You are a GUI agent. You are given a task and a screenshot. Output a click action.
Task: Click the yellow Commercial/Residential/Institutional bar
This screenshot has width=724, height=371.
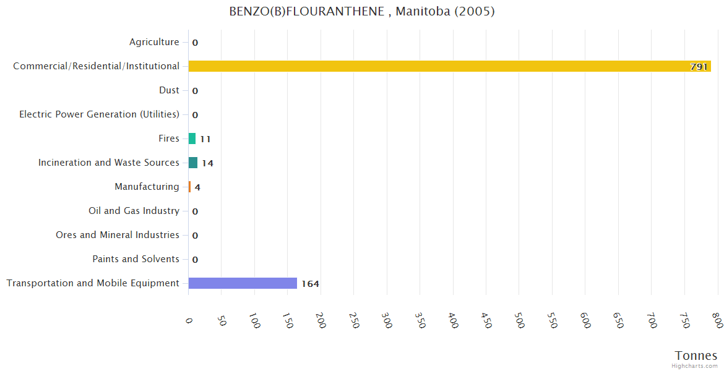tap(449, 66)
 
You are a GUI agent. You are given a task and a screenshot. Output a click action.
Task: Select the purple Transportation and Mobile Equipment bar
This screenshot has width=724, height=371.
tap(243, 283)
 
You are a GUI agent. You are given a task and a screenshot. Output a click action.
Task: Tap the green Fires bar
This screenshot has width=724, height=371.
tap(192, 139)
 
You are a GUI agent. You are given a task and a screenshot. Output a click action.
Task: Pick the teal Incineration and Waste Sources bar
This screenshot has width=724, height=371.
tap(193, 163)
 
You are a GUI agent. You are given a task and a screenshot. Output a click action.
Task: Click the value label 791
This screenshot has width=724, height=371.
tap(699, 67)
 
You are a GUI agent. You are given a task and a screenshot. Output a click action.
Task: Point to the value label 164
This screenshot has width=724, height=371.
tap(310, 284)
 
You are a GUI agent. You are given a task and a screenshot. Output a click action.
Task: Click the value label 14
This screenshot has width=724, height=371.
tap(207, 163)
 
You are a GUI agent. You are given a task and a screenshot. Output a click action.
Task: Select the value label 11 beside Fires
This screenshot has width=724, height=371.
tap(205, 139)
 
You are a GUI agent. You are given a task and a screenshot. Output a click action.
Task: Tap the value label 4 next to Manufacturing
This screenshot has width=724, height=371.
tap(197, 187)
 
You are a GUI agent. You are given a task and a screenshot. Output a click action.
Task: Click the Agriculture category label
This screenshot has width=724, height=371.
tap(154, 42)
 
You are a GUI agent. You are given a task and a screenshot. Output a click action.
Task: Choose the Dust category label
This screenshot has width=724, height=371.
tap(169, 90)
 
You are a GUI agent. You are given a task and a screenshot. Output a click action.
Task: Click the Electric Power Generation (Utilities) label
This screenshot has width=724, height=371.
tap(99, 114)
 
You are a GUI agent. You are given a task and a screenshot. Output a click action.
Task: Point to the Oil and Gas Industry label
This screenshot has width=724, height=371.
tap(134, 211)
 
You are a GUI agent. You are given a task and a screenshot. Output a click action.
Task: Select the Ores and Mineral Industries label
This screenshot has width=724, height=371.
tap(118, 235)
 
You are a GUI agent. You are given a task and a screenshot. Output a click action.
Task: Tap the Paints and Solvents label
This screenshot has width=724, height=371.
tap(136, 259)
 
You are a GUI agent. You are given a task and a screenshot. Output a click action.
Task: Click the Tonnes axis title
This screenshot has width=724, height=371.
tap(696, 356)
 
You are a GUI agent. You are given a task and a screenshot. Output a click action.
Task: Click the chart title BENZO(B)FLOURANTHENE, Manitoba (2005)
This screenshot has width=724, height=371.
tap(362, 12)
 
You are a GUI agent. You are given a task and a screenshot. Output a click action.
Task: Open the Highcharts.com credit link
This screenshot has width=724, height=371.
tap(694, 366)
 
